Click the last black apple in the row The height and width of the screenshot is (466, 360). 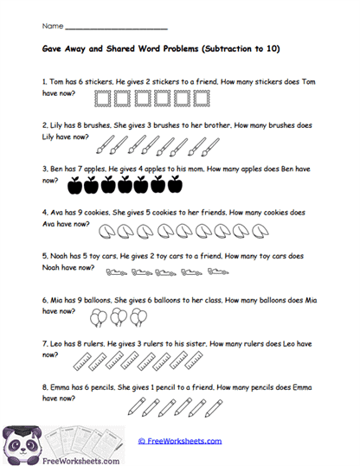click(x=174, y=183)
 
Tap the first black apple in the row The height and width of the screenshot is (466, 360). click(x=74, y=183)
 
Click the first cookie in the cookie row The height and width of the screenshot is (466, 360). click(x=105, y=231)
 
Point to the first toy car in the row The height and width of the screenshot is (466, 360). click(x=112, y=276)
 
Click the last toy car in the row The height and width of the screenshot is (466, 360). click(x=216, y=276)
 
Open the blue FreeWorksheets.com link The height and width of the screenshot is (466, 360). click(x=180, y=440)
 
